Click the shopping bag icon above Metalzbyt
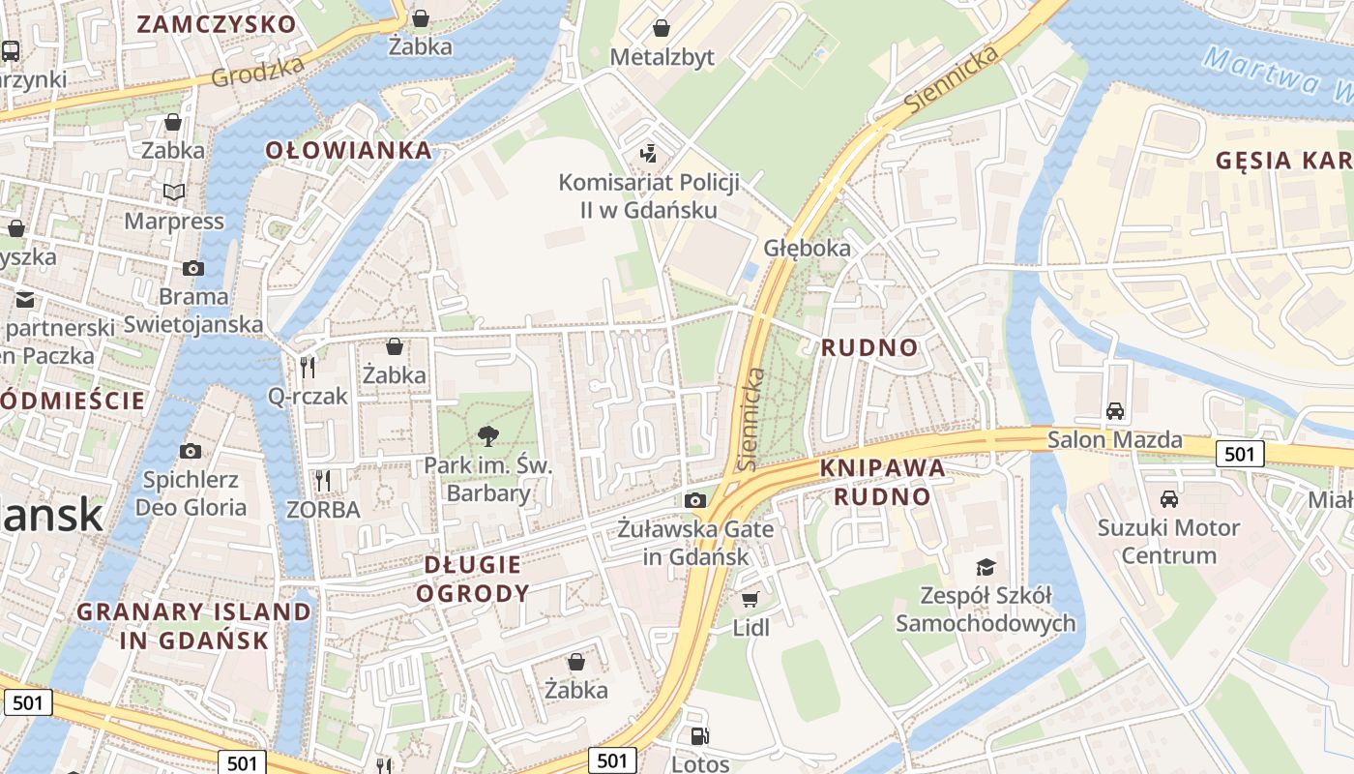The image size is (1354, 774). [662, 28]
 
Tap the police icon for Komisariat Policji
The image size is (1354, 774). [649, 152]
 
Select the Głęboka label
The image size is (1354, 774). [808, 248]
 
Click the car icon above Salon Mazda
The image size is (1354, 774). [1115, 410]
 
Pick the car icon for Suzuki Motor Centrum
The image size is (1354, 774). [1169, 499]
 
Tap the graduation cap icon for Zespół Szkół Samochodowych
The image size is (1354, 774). [986, 567]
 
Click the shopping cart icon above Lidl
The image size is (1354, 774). [751, 599]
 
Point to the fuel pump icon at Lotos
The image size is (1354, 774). [699, 736]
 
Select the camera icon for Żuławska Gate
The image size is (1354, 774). [694, 500]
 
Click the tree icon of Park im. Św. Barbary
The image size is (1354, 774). [488, 436]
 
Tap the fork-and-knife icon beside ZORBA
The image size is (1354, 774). [323, 480]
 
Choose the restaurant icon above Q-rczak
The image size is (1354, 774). [308, 366]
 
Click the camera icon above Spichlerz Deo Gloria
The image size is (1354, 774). [191, 451]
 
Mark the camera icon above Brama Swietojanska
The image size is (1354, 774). [193, 268]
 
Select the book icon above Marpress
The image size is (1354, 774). [173, 193]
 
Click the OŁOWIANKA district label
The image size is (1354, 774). [348, 150]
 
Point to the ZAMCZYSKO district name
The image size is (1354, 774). [216, 24]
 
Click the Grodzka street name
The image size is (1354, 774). [258, 71]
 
